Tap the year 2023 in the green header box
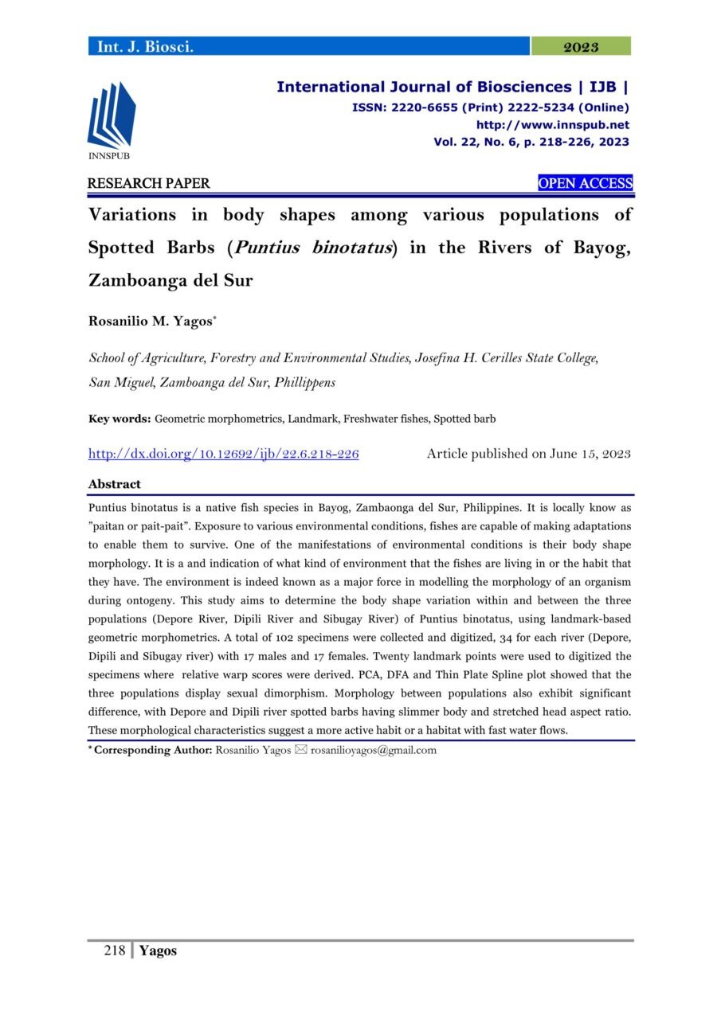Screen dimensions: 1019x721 [581, 47]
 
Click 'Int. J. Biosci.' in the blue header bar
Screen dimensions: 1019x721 [146, 47]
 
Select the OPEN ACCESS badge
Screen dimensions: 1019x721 [586, 184]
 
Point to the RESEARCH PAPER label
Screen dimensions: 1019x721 [149, 184]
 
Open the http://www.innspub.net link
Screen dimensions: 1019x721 [552, 125]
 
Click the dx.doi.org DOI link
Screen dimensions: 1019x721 [224, 455]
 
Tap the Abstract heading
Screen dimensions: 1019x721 [114, 484]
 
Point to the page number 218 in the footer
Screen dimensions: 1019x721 [115, 951]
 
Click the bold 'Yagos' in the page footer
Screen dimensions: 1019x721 [158, 951]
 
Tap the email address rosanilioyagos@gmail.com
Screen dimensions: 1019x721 [374, 750]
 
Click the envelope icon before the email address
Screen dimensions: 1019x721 [300, 750]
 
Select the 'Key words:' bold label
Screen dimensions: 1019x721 [120, 418]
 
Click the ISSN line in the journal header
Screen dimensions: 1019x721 [490, 107]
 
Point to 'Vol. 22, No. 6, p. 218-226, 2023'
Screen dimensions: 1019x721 [531, 143]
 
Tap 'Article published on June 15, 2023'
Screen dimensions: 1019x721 [528, 455]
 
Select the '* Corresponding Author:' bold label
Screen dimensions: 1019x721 [150, 750]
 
